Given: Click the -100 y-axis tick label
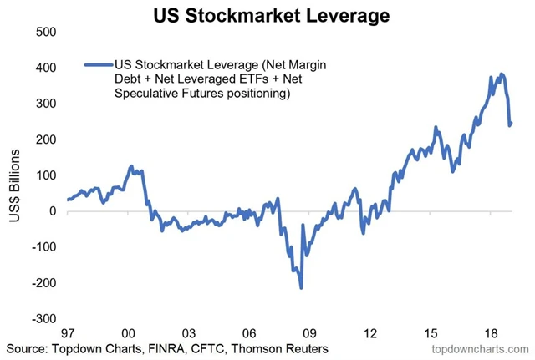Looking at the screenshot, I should coord(42,247).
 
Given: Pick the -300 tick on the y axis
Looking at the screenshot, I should coord(42,319).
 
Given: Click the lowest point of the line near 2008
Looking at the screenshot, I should coord(301,288).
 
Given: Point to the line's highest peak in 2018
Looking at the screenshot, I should coord(501,74).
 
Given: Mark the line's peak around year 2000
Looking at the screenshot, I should coord(130,166).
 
